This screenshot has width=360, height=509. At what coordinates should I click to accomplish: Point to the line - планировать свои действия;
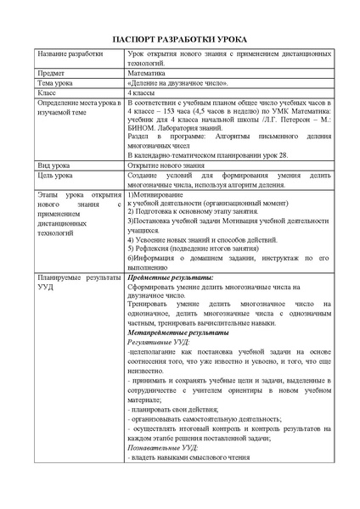[168, 410]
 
